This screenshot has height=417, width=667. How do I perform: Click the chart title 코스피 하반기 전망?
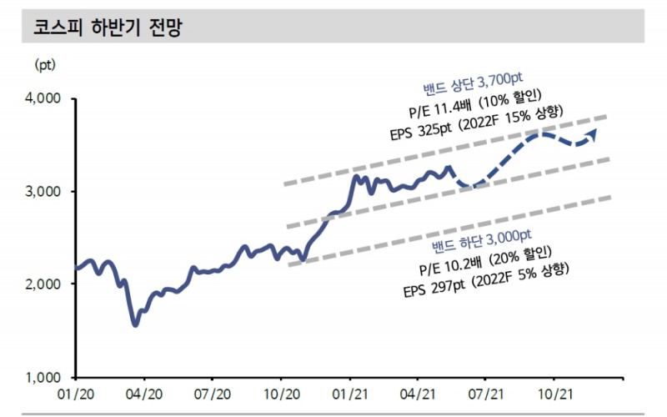coord(107,28)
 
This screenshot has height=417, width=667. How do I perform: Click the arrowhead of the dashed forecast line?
coord(592,133)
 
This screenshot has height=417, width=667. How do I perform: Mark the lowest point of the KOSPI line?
coord(136,324)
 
